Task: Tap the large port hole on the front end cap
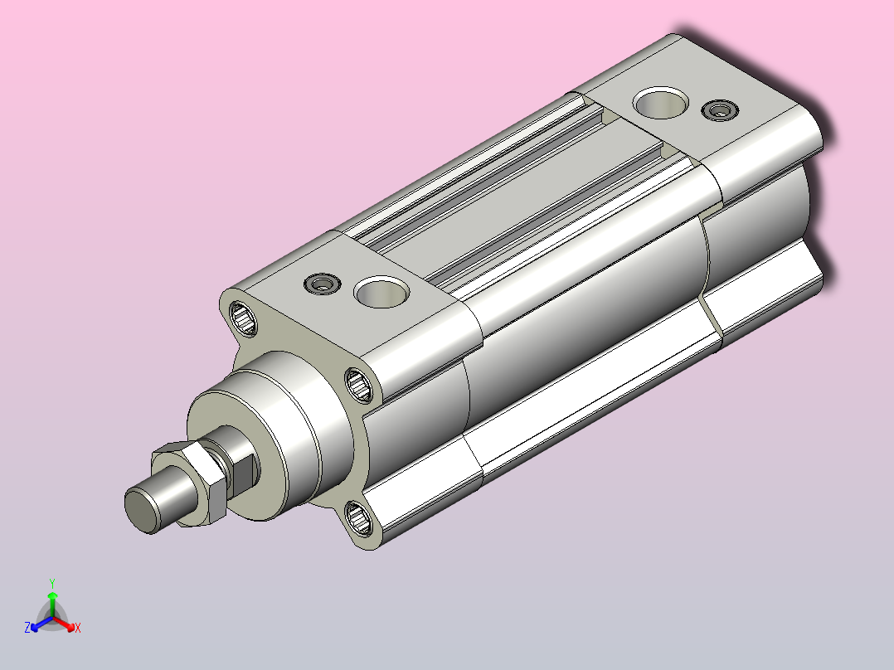pos(381,292)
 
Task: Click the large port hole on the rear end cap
pos(660,103)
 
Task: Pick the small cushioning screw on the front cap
pos(323,284)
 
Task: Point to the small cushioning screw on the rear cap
pos(720,110)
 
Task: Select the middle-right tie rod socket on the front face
pos(360,385)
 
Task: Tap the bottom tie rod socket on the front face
pos(358,518)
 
